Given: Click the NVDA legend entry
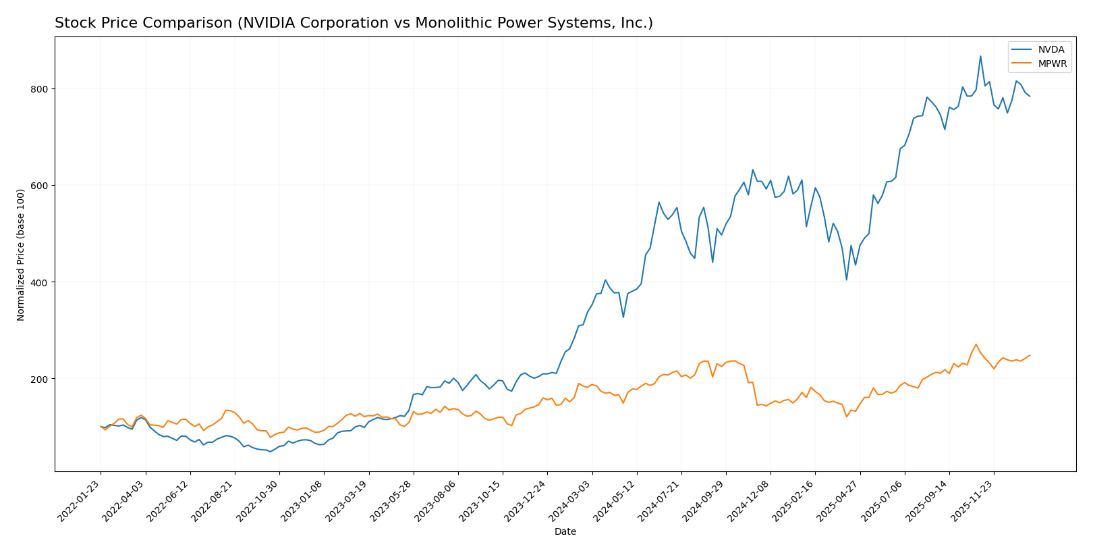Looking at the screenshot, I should [x=1050, y=50].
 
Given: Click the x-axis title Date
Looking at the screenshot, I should [x=565, y=532].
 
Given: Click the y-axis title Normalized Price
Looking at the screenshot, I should [x=21, y=255].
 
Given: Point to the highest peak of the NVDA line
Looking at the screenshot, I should [x=980, y=56].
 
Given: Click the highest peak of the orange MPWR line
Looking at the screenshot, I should [x=976, y=344].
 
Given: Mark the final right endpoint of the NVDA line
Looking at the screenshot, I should [x=1030, y=97].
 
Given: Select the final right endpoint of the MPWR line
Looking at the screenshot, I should [x=1030, y=355].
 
